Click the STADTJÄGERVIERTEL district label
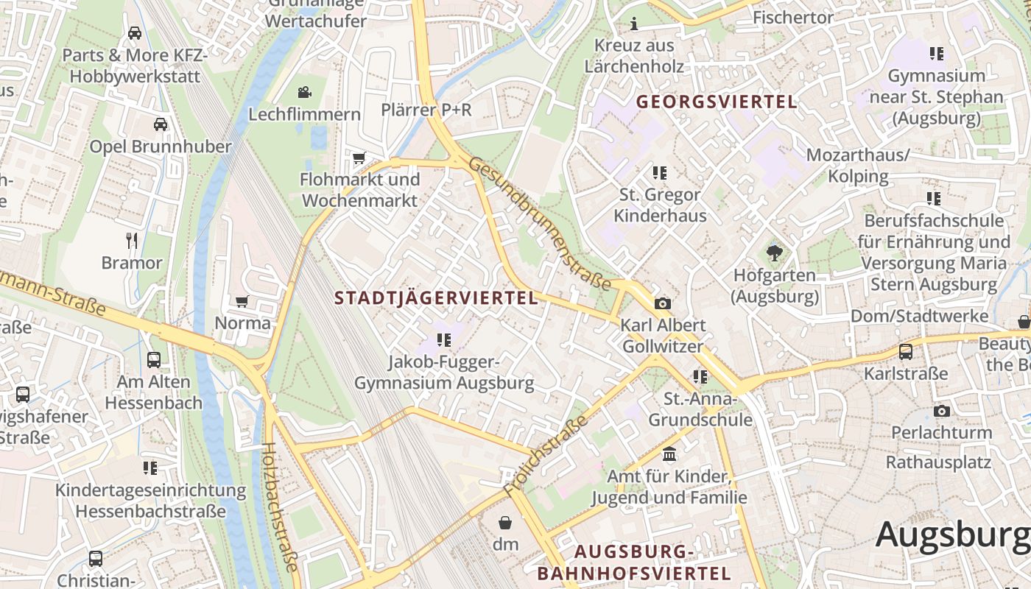(436, 298)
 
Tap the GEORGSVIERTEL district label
(717, 102)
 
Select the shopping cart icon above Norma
(242, 301)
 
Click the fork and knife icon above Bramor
(132, 240)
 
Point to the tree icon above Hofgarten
(774, 253)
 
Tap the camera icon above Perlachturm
(941, 411)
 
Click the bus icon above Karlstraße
(906, 352)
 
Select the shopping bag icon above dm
(505, 523)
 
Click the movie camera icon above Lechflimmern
(304, 92)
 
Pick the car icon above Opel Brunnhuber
(160, 124)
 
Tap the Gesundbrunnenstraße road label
(540, 224)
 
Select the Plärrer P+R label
(426, 110)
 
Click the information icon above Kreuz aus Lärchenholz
(634, 24)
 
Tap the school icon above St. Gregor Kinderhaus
(659, 173)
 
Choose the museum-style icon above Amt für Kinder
(669, 454)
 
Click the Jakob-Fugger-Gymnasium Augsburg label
(444, 373)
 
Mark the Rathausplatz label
(937, 462)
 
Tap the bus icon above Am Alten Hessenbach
(153, 360)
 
